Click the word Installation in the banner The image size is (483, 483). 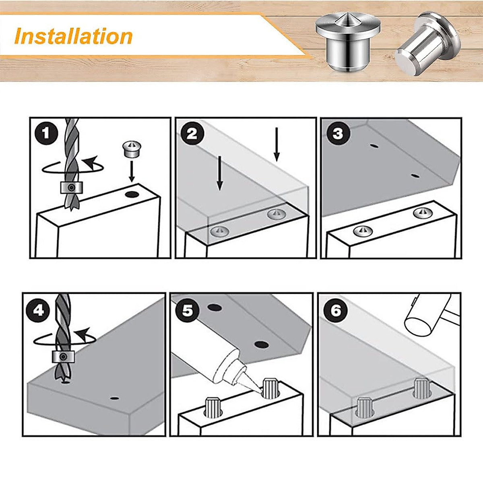point(73,37)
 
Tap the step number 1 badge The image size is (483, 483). point(46,133)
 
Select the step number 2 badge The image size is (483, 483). point(192,134)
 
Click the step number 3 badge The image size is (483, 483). point(337,134)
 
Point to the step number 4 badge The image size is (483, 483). point(38,311)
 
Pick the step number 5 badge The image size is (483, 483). point(188,311)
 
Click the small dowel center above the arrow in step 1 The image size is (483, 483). point(132,150)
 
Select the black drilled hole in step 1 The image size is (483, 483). point(133,194)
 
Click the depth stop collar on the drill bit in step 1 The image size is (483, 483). point(72,188)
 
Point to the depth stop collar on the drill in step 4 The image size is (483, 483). point(63,357)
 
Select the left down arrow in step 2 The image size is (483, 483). point(220,173)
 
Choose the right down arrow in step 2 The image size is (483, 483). point(277,144)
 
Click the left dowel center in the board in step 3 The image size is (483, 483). point(363,231)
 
